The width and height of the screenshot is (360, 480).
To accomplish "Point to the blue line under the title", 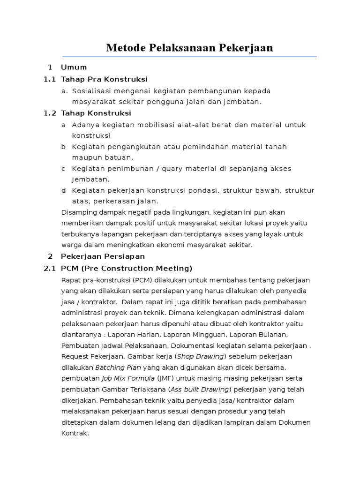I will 189,57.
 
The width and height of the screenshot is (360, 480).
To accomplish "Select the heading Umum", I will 74,67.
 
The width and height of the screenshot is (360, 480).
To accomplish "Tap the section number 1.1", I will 50,79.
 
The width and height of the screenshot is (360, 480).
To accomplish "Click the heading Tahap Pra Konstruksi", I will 104,79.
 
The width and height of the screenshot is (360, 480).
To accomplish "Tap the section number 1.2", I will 50,113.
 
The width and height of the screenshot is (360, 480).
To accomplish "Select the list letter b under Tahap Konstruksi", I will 63,147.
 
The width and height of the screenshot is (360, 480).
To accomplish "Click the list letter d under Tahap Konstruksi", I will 63,190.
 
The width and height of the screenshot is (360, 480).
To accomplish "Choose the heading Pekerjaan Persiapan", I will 103,256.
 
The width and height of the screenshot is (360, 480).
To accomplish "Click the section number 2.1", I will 50,268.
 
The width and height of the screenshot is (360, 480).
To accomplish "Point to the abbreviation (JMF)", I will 165,378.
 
